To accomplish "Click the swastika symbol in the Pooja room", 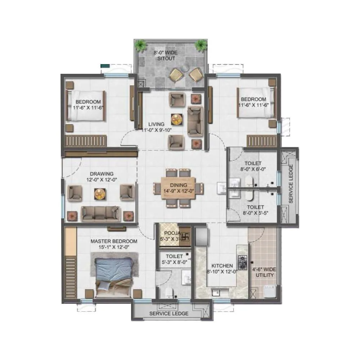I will pyautogui.click(x=186, y=237).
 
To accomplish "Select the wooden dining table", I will pyautogui.click(x=179, y=188).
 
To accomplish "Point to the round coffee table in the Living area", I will pyautogui.click(x=177, y=118).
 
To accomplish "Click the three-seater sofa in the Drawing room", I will pyautogui.click(x=100, y=214).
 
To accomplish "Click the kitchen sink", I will pyautogui.click(x=216, y=292).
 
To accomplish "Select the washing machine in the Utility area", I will pyautogui.click(x=270, y=292).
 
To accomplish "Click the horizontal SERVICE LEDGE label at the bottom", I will pyautogui.click(x=169, y=314).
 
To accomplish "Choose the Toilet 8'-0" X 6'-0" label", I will pyautogui.click(x=252, y=166).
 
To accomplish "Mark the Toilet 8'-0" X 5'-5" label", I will pyautogui.click(x=255, y=210).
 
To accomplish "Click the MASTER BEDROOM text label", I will pyautogui.click(x=114, y=241).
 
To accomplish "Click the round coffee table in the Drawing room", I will pyautogui.click(x=99, y=194).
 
